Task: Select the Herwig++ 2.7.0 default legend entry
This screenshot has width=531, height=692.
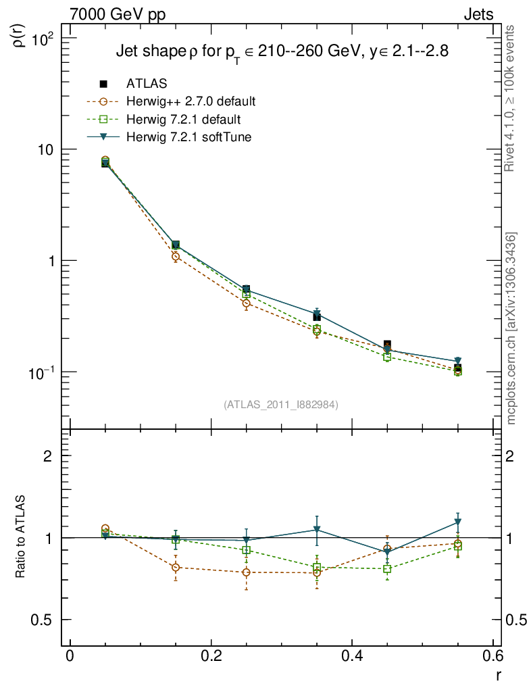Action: click(190, 102)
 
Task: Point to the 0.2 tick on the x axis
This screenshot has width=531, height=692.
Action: click(211, 658)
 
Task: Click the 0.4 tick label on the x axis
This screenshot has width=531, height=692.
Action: click(352, 658)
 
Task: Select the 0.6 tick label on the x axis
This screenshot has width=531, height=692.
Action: click(493, 658)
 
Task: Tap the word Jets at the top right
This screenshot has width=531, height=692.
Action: click(478, 14)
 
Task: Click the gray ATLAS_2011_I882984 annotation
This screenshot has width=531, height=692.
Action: click(281, 404)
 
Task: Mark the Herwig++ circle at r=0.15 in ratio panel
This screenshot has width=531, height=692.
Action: click(176, 568)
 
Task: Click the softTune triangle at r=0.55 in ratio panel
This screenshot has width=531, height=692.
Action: click(458, 522)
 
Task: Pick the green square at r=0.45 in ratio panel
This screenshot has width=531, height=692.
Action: click(387, 569)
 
